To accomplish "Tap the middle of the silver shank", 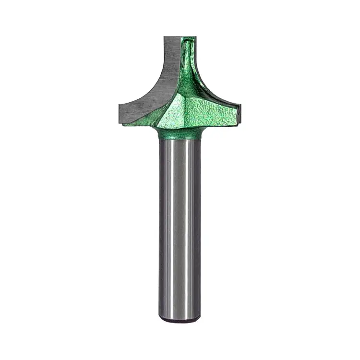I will pyautogui.click(x=180, y=226).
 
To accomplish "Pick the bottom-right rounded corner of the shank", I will pyautogui.click(x=198, y=317).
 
